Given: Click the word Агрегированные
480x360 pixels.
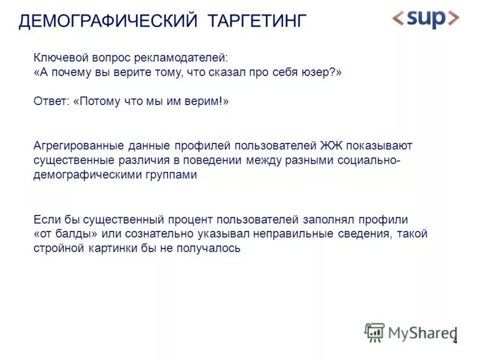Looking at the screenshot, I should click(x=79, y=146).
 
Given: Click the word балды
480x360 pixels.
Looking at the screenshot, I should click(x=79, y=234).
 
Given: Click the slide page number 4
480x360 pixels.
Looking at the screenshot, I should click(x=455, y=341).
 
